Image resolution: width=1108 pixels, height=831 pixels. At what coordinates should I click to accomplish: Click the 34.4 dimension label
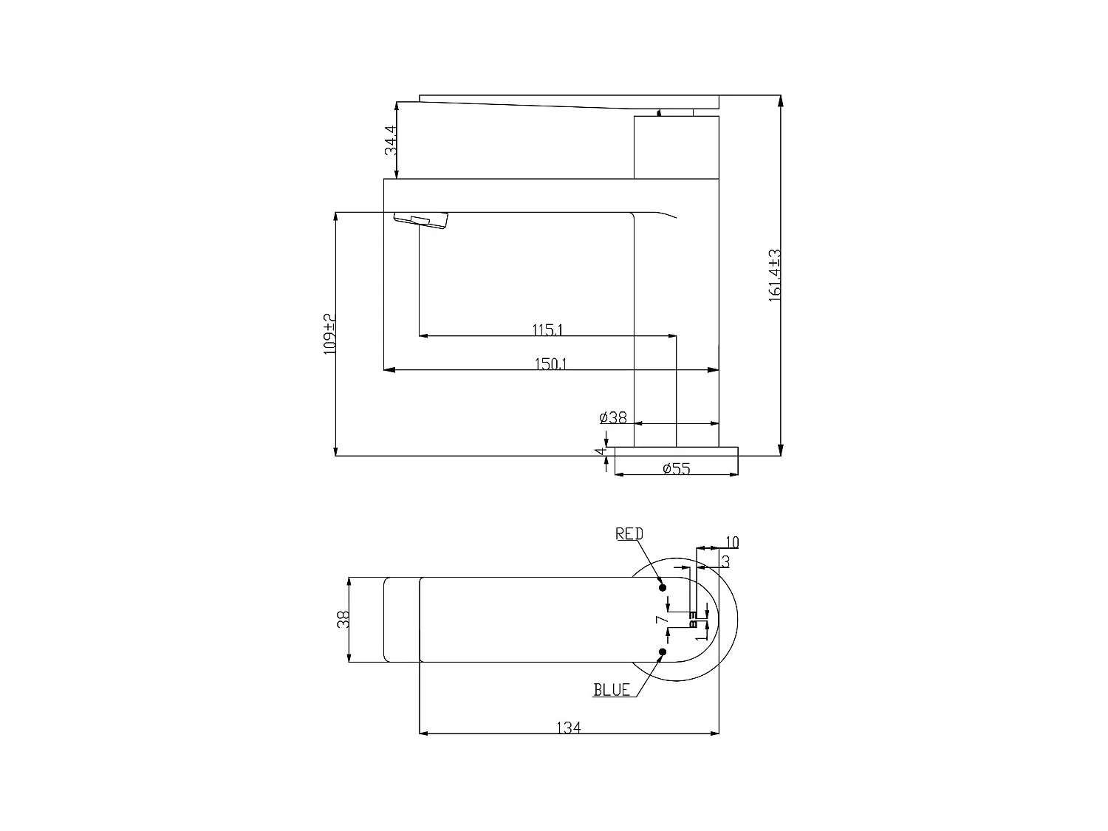pos(391,140)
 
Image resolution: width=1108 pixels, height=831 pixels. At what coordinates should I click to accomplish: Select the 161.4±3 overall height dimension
pos(775,276)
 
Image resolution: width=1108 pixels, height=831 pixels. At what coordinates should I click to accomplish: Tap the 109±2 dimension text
pos(329,334)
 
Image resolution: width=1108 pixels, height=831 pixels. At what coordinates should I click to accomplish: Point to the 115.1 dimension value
pos(547,330)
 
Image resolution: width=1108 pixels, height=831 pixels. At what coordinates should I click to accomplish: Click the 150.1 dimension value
pos(551,363)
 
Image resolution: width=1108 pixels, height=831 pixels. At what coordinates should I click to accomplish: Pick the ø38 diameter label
pos(613,418)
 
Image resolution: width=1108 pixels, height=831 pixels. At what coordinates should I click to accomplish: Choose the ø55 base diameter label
pos(677,469)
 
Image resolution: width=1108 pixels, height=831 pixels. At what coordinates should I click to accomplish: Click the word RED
pos(629,534)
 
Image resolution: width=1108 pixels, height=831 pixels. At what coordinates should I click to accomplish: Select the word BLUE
pos(612,690)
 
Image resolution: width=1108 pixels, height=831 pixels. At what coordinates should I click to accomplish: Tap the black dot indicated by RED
pos(663,587)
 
